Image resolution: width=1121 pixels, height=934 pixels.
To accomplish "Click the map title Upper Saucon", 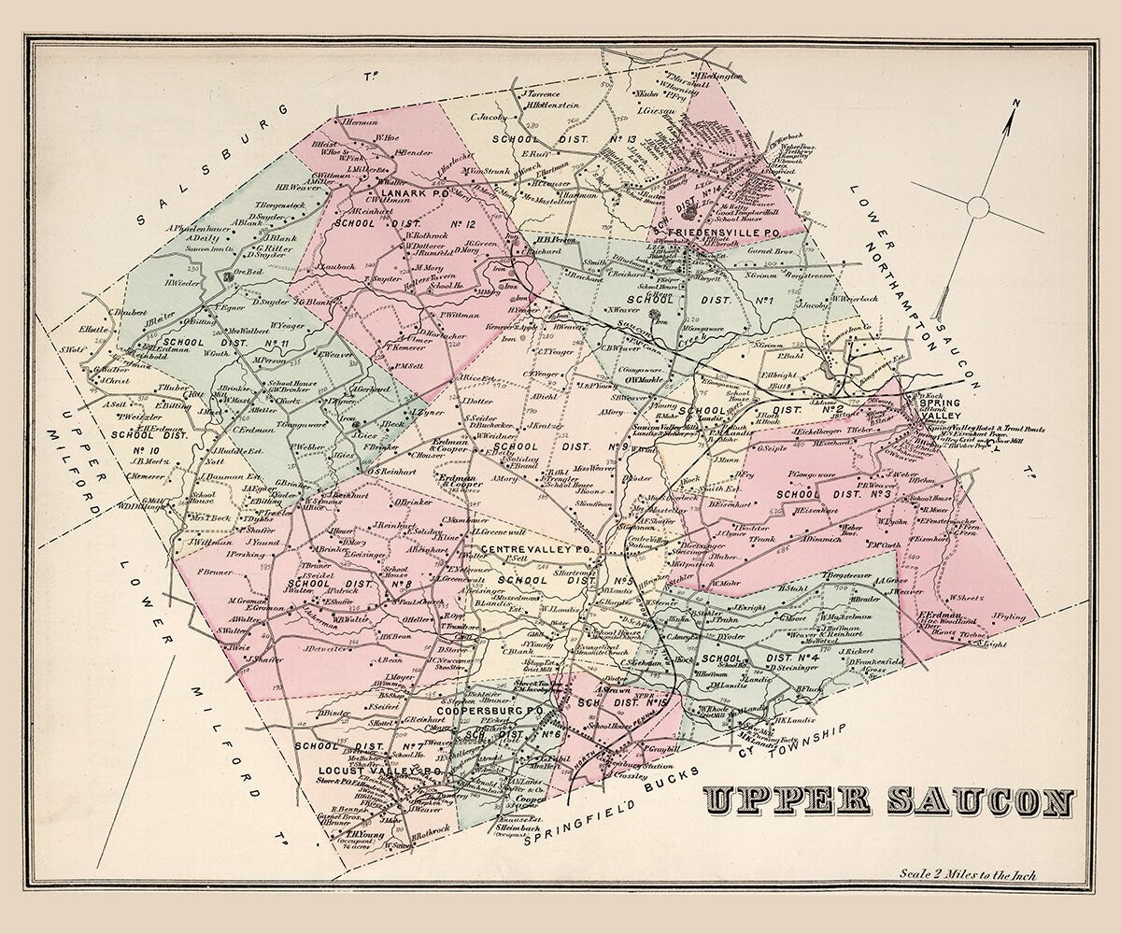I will click(x=888, y=801).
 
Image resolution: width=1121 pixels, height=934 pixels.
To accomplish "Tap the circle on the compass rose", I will click(x=978, y=205).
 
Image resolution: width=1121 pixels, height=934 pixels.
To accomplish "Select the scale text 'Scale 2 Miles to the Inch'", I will click(x=968, y=876).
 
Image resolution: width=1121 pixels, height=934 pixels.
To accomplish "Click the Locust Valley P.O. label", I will click(x=367, y=771).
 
